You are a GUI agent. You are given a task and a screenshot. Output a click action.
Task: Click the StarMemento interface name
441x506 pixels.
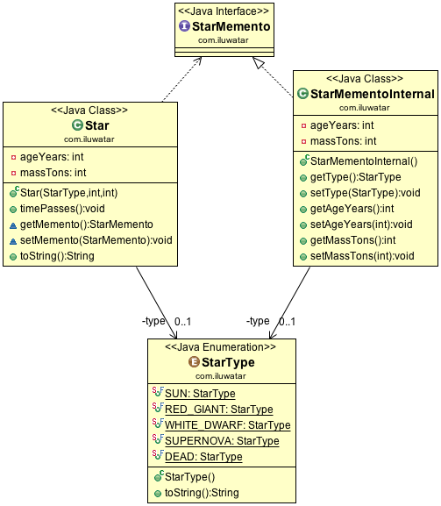[231, 26]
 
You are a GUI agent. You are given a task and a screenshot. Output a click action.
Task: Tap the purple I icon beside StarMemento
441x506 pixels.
[184, 25]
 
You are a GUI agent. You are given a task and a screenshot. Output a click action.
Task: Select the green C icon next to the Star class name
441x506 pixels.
[77, 125]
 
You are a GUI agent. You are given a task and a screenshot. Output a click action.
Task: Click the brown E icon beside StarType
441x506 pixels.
[194, 362]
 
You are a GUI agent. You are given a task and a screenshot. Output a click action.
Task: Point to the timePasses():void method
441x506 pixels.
[62, 209]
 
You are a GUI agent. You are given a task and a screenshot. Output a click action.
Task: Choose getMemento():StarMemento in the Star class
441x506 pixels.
[87, 224]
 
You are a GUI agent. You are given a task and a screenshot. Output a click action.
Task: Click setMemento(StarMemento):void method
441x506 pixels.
[96, 240]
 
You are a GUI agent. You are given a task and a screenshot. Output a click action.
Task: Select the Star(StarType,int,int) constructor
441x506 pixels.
[68, 193]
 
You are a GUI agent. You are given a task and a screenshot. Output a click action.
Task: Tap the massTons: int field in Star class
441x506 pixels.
[53, 173]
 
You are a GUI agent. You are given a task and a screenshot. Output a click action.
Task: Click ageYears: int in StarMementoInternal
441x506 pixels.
[342, 125]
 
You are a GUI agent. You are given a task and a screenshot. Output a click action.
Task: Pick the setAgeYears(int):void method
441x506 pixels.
[361, 224]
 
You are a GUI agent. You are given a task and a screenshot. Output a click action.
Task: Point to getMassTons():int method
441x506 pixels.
[353, 240]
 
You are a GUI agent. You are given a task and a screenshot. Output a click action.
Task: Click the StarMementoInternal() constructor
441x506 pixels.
[364, 161]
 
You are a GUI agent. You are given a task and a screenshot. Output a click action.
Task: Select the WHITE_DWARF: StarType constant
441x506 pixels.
[227, 425]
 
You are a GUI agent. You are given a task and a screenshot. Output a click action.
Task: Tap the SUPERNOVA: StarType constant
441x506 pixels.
[222, 441]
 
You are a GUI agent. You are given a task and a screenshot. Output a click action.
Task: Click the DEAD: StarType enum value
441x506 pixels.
[203, 457]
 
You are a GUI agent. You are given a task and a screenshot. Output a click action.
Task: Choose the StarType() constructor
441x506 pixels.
[189, 477]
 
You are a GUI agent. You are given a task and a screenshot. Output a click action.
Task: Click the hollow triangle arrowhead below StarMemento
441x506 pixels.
[259, 62]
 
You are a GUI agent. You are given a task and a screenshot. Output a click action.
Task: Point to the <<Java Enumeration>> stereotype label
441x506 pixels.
[220, 347]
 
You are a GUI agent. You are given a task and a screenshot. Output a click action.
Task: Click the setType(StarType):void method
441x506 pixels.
[366, 193]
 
